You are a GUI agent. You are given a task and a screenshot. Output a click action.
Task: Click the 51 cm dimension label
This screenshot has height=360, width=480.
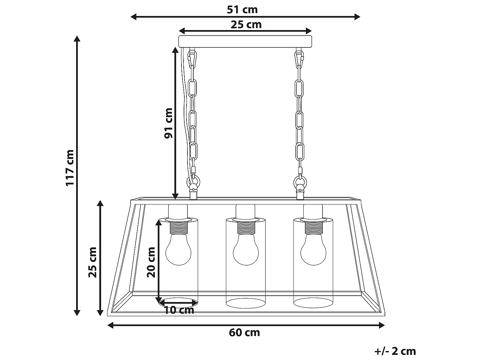[x=242, y=10]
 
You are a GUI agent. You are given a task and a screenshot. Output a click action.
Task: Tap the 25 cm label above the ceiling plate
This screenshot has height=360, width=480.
[x=246, y=24]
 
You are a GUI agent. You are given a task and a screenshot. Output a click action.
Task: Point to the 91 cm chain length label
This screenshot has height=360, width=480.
[x=168, y=123]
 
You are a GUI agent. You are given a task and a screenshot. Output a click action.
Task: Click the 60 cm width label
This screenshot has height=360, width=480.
[x=244, y=333]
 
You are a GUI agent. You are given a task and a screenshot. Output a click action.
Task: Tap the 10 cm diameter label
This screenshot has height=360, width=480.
[x=179, y=310]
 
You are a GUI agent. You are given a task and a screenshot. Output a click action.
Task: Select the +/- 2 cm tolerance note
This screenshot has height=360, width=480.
[x=395, y=351]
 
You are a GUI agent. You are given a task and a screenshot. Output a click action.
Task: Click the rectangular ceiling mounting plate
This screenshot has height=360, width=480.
[x=245, y=41]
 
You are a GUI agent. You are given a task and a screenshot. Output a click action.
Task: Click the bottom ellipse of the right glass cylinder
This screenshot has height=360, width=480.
[x=313, y=303]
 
